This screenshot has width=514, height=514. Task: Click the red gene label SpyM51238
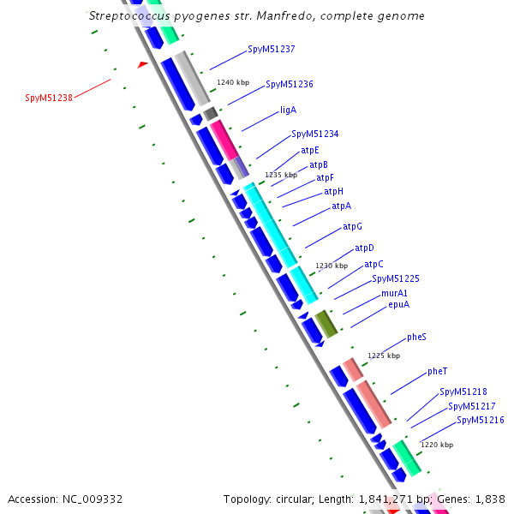click(x=49, y=98)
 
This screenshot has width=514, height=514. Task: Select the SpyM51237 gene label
click(x=271, y=50)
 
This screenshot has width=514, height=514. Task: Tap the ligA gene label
click(x=288, y=111)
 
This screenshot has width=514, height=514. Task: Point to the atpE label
click(x=310, y=151)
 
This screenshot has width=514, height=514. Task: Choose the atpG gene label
click(x=352, y=227)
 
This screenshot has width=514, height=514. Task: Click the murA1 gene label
click(x=394, y=293)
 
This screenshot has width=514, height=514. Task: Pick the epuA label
click(x=398, y=304)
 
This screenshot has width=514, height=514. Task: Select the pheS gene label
click(x=416, y=338)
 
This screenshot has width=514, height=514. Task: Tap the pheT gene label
click(x=437, y=372)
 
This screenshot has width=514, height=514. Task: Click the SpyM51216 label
click(x=480, y=420)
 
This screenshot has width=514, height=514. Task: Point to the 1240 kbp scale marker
click(x=233, y=82)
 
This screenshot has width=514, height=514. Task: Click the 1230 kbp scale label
click(x=332, y=266)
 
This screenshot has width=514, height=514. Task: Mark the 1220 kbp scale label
click(x=437, y=445)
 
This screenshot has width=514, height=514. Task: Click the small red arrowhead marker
click(x=143, y=64)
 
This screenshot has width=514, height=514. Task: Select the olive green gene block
click(x=326, y=323)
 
